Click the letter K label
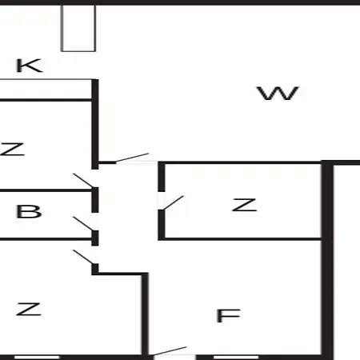(30, 66)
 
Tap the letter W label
(278, 94)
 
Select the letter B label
(29, 211)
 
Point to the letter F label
(228, 316)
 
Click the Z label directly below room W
(245, 205)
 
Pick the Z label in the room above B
(12, 149)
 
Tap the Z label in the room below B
(29, 309)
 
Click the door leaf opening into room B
(83, 223)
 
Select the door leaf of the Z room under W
(173, 203)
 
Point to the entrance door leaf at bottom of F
(170, 351)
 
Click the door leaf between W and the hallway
(132, 158)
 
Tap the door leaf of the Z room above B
(83, 181)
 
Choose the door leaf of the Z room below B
(83, 257)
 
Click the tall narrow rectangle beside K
(78, 28)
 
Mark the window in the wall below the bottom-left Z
(37, 358)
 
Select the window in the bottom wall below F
(236, 358)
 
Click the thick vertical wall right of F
(327, 260)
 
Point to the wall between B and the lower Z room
(46, 239)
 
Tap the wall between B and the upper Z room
(46, 190)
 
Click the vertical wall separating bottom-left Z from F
(145, 314)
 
